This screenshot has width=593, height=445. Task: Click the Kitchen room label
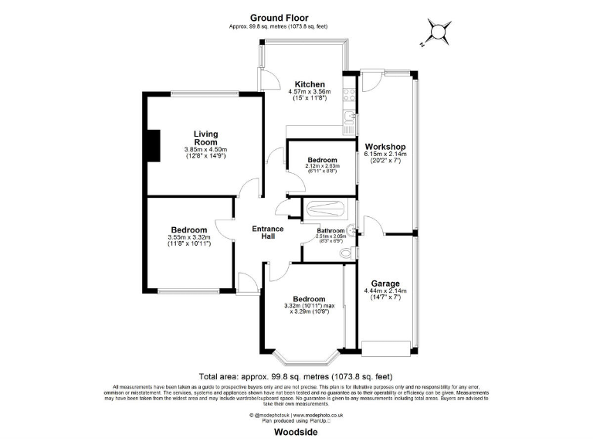(308, 84)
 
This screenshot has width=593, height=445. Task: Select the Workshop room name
(385, 147)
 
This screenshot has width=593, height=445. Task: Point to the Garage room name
(385, 283)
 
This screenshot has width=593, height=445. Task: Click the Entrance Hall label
(268, 233)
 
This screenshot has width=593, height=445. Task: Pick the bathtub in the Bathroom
(328, 209)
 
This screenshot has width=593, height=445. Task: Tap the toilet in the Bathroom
(347, 253)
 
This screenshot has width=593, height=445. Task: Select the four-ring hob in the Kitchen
(349, 96)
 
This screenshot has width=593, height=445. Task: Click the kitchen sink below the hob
(350, 118)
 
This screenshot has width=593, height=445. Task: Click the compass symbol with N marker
(438, 32)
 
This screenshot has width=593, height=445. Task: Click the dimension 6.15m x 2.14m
(385, 155)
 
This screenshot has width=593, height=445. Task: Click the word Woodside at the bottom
(296, 433)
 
